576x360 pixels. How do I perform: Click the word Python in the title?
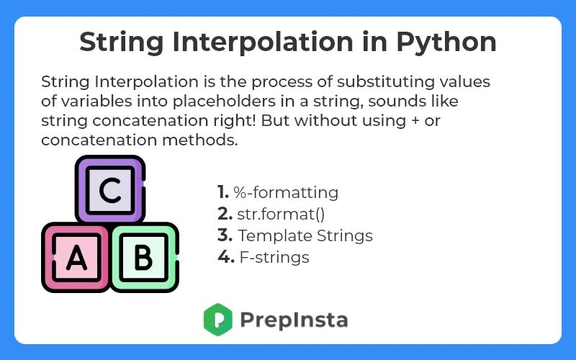tap(447, 42)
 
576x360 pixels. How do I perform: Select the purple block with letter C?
tap(109, 191)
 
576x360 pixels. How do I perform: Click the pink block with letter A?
tap(76, 257)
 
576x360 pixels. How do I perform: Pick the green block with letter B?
tap(143, 257)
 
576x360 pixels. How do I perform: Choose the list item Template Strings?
tap(305, 235)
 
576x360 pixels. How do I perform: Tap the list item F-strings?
tap(274, 257)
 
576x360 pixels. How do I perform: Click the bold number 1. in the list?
tap(222, 192)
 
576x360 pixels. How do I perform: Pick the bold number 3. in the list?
tap(224, 235)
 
